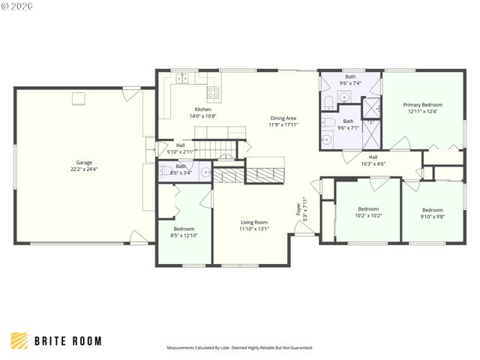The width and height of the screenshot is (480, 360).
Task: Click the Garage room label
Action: [83, 163]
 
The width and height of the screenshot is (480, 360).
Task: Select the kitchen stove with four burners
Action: [213, 93]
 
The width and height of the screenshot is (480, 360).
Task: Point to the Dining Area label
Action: [283, 118]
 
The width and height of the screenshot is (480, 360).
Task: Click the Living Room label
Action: [254, 222]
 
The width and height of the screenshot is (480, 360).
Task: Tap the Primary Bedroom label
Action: [422, 105]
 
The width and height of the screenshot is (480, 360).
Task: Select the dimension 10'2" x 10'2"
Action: [368, 215]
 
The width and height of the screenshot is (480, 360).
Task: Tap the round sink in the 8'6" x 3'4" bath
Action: [205, 172]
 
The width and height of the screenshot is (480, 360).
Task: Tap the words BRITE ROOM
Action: [67, 341]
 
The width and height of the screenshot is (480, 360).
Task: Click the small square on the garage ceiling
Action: [78, 98]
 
